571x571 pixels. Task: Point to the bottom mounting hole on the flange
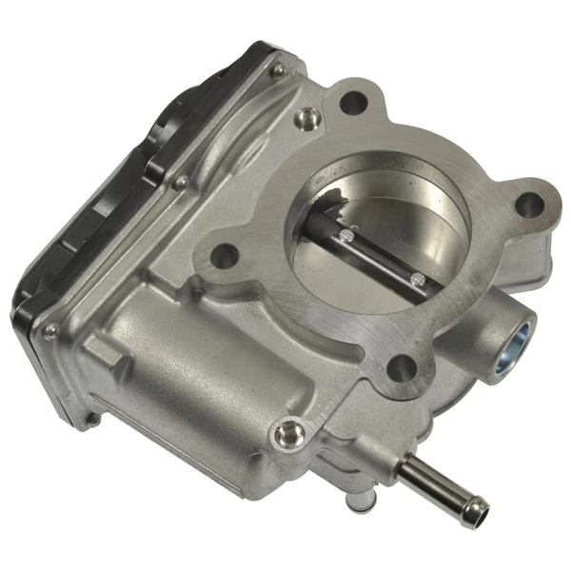point(400,365)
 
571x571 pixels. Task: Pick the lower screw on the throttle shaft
point(416,278)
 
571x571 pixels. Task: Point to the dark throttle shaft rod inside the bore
point(381,252)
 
